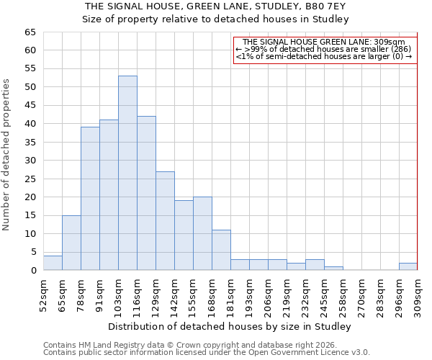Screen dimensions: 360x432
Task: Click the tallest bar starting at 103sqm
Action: (x=127, y=173)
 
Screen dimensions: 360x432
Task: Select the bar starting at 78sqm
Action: (x=90, y=199)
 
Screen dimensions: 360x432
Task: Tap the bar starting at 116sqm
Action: (x=146, y=193)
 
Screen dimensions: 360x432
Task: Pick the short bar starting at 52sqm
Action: (x=53, y=263)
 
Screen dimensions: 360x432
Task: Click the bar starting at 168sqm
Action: (x=221, y=250)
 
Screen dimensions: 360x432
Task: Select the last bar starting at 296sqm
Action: (x=408, y=266)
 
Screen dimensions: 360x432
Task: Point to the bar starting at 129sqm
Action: (x=165, y=220)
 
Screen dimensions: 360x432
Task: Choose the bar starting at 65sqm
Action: (x=71, y=243)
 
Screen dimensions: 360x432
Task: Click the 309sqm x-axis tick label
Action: (x=418, y=295)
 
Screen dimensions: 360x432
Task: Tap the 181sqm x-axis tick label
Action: (x=230, y=295)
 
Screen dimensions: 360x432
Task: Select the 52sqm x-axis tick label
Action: (x=43, y=295)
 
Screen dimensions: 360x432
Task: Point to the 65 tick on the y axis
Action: (x=30, y=32)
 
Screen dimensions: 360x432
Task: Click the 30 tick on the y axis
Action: (x=30, y=161)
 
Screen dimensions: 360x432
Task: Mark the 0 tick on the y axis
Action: (x=32, y=271)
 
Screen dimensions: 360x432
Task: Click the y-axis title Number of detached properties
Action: (x=7, y=155)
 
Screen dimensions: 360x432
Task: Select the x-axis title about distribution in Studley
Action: (x=230, y=326)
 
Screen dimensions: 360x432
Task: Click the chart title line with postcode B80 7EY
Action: (x=215, y=6)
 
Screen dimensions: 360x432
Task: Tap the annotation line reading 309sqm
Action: (x=324, y=42)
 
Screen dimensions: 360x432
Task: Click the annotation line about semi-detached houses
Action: (x=324, y=56)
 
